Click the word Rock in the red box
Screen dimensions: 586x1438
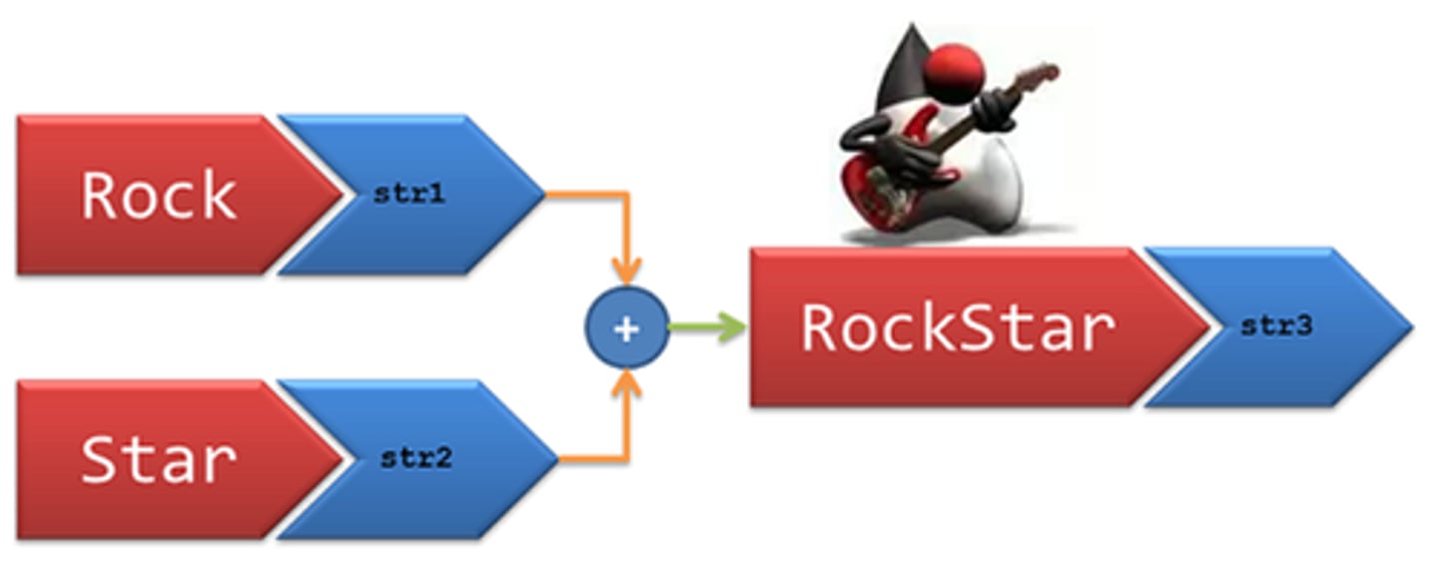tap(159, 196)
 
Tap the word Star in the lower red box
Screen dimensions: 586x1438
tap(159, 460)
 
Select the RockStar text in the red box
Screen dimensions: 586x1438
tap(958, 328)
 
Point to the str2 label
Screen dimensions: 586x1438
tap(415, 459)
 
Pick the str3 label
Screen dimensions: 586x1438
tap(1275, 326)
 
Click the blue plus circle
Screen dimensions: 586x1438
tap(626, 328)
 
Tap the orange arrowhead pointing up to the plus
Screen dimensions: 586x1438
tap(626, 384)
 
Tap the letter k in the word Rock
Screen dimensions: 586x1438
tap(219, 196)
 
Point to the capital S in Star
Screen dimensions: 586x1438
tap(100, 460)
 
